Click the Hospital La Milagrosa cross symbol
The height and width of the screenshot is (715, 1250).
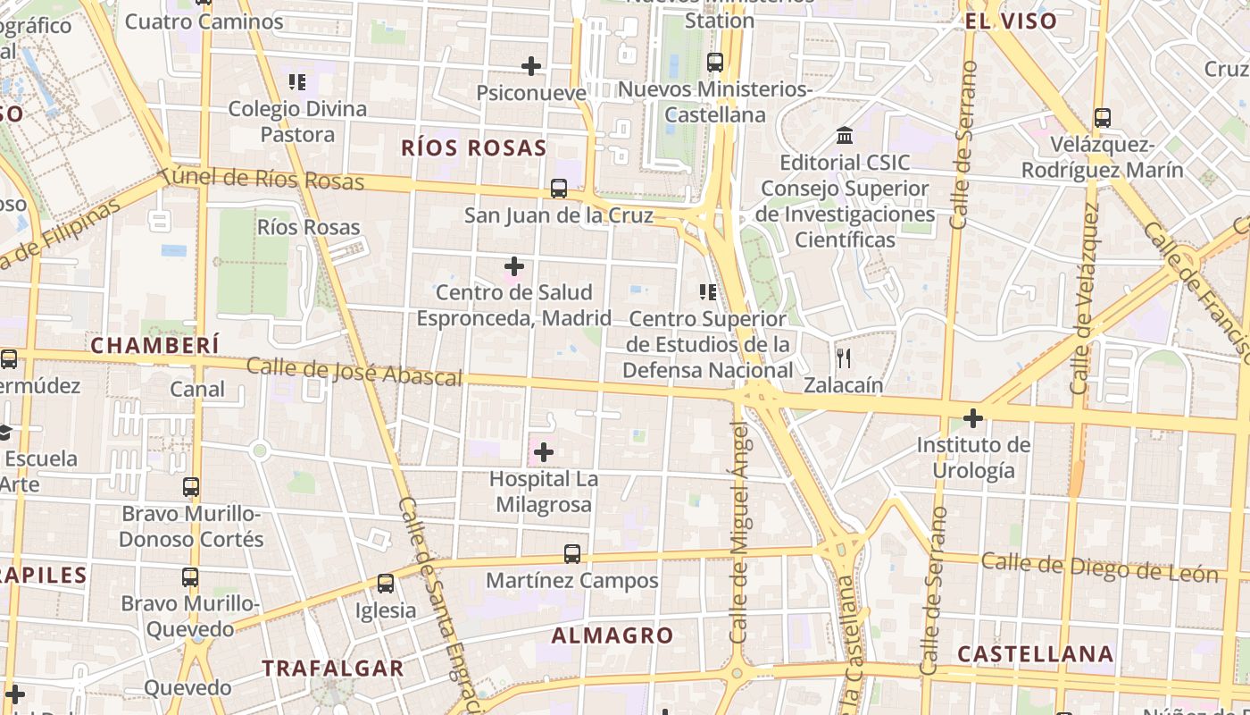[x=543, y=452]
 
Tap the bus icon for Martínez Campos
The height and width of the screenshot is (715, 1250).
[x=572, y=554]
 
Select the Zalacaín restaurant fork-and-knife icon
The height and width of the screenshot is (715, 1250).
[x=844, y=358]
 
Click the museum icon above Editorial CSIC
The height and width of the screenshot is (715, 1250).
[x=845, y=136]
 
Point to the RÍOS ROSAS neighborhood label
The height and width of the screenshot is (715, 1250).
[x=473, y=148]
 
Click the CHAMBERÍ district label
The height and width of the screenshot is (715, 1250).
[x=155, y=345]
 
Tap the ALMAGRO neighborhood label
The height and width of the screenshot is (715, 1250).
[x=612, y=635]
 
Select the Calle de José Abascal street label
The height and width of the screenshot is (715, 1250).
[x=354, y=372]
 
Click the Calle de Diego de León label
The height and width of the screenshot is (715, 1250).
[x=1099, y=568]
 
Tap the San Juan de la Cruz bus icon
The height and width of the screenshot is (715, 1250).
[x=559, y=189]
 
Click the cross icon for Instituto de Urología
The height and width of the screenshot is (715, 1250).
[x=973, y=417]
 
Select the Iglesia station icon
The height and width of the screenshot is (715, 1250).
[x=386, y=584]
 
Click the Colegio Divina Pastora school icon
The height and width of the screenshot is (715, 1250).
[x=297, y=82]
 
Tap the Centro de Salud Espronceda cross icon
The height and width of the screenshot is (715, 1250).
[x=514, y=266]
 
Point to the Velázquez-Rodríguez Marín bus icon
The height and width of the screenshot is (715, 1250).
[x=1103, y=118]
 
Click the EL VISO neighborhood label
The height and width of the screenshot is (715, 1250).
[x=1011, y=21]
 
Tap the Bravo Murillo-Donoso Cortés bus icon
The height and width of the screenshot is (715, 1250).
[x=191, y=487]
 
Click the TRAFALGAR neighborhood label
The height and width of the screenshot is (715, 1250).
[x=333, y=668]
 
